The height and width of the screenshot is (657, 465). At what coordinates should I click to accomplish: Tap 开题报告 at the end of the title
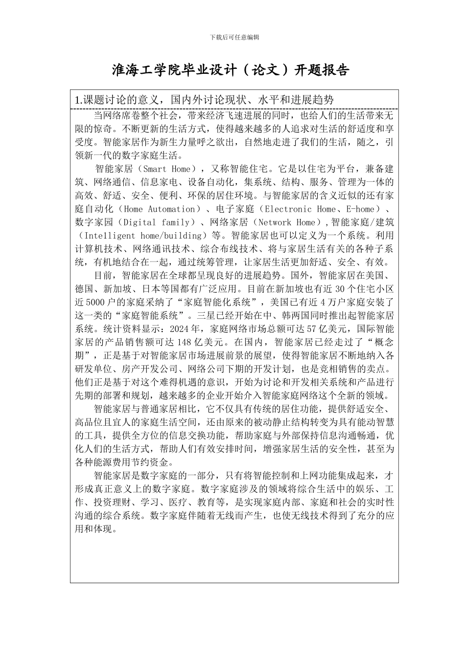tap(321, 70)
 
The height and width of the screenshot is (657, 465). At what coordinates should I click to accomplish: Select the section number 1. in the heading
tap(78, 100)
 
